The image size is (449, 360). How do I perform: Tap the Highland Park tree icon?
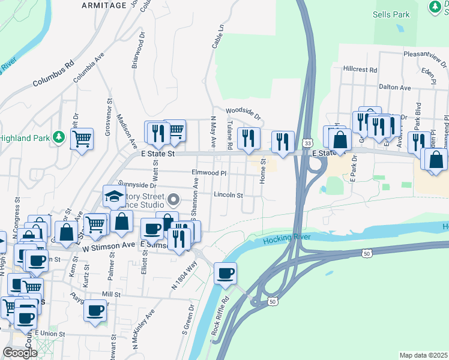pos(58,137)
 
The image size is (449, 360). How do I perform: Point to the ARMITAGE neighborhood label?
pos(105,5)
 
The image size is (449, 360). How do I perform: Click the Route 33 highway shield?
pos(307,143)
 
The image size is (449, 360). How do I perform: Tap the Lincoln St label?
pos(228,195)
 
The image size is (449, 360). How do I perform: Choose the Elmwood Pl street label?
pos(208,173)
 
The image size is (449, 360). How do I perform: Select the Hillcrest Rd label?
pos(360,70)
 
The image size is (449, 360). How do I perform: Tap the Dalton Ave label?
pos(394,88)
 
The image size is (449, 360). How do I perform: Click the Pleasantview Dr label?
pos(424,54)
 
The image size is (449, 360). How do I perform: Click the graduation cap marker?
pos(113,196)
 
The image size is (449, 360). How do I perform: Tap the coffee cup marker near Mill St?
pos(95,311)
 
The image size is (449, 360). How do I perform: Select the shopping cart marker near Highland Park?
pos(82,140)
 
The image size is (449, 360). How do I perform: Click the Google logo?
pos(20,353)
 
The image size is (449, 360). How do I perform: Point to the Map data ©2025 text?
pos(423,355)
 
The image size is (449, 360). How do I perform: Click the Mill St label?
pos(111,295)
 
